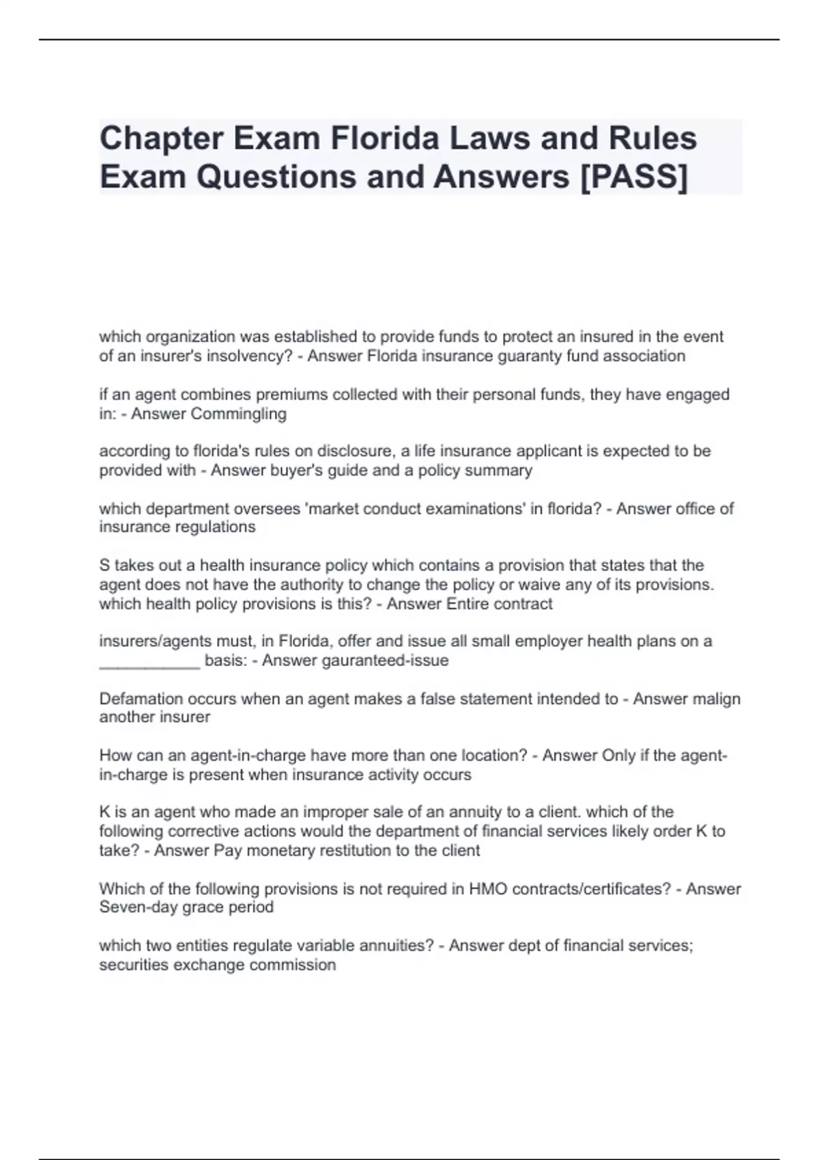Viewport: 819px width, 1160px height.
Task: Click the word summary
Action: pos(504,470)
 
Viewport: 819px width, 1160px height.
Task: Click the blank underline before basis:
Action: pos(149,661)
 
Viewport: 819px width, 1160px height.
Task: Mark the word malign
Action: pos(715,699)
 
